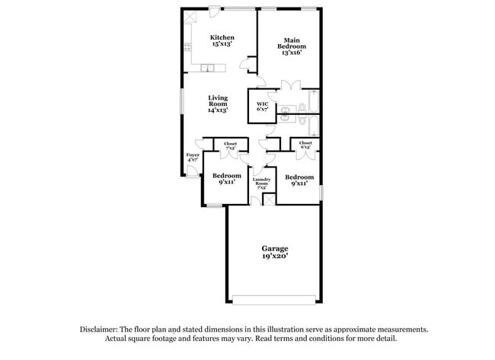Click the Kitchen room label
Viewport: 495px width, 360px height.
(x=222, y=40)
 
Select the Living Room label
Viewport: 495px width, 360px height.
(x=219, y=104)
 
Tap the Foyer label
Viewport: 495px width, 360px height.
(x=193, y=158)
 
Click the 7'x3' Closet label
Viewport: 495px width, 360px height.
(x=230, y=145)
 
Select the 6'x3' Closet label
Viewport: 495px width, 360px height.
(x=305, y=145)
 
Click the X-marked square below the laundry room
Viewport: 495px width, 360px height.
(x=268, y=199)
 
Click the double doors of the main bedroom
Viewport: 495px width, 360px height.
(x=290, y=84)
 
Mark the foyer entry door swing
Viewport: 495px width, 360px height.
(x=200, y=145)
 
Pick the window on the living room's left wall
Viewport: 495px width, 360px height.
(x=183, y=104)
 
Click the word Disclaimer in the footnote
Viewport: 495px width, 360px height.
(x=102, y=330)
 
